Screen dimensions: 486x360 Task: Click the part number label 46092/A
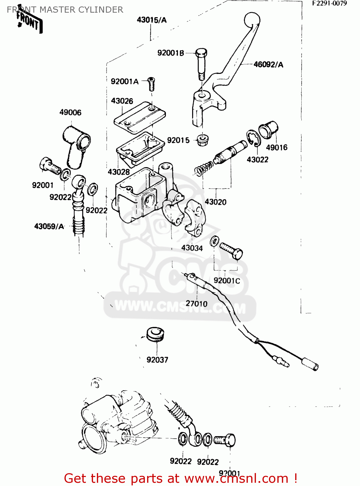point(268,64)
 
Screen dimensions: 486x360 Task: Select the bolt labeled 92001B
point(201,63)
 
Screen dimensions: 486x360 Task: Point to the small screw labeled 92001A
point(151,84)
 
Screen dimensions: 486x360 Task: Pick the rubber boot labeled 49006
point(76,146)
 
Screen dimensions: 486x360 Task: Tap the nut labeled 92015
point(203,140)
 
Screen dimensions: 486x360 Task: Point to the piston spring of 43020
point(203,169)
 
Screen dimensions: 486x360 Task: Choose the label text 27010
point(196,304)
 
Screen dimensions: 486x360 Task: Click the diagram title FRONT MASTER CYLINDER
point(65,10)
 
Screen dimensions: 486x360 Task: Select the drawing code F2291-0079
point(329,4)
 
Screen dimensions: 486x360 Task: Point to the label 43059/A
point(49,226)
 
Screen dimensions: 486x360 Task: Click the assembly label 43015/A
point(151,20)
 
